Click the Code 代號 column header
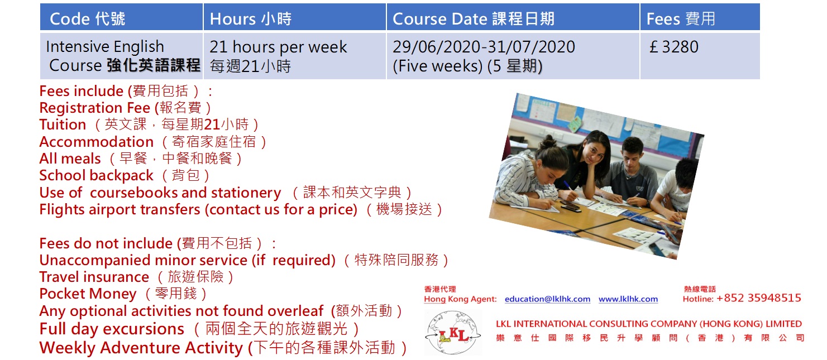(88, 19)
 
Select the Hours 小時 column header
(251, 19)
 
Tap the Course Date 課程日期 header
(474, 19)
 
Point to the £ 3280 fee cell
(674, 47)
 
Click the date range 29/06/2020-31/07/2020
(484, 47)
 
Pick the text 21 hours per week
(279, 47)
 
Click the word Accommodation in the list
(97, 142)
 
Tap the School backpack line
(125, 176)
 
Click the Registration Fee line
(126, 108)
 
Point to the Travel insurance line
(137, 277)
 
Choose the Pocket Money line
(123, 294)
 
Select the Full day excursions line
(199, 329)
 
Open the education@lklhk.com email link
(548, 299)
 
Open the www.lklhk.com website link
(628, 299)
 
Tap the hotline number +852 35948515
(759, 298)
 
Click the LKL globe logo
(453, 333)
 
